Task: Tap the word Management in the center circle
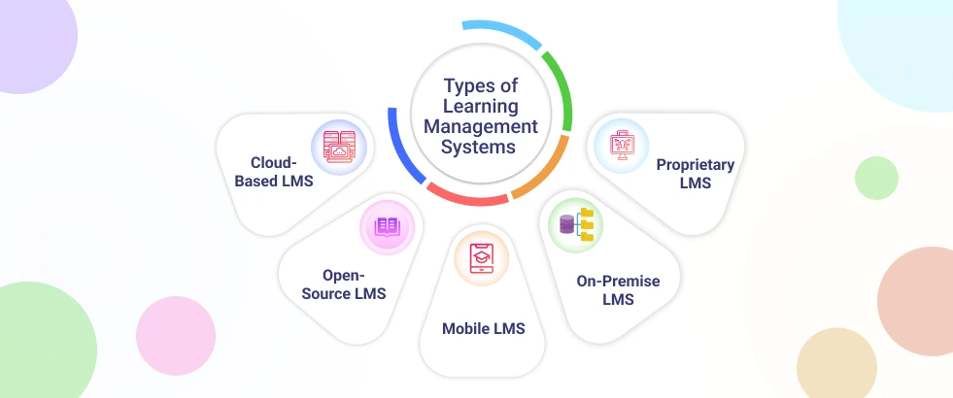pos(491,127)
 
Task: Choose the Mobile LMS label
pos(483,328)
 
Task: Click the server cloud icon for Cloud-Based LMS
pos(338,152)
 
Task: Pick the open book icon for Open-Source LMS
pos(387,227)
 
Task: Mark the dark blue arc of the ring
pos(401,146)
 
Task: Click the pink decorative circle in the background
pos(175,335)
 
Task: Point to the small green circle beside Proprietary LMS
pos(876,178)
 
